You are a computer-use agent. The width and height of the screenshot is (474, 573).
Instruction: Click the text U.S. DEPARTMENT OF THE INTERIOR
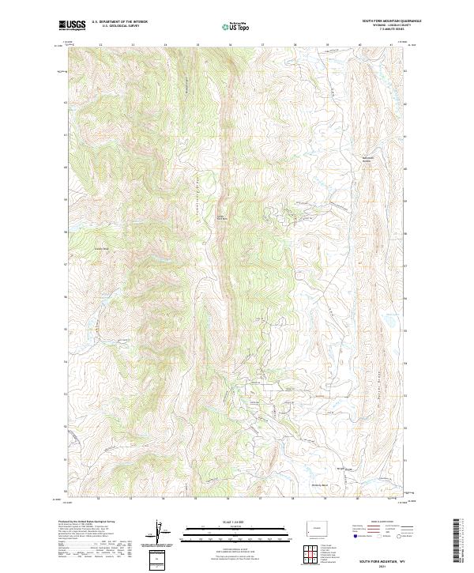119,21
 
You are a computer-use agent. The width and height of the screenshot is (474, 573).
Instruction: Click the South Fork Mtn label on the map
223,218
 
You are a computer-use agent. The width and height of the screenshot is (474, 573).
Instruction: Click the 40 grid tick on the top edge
359,45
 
